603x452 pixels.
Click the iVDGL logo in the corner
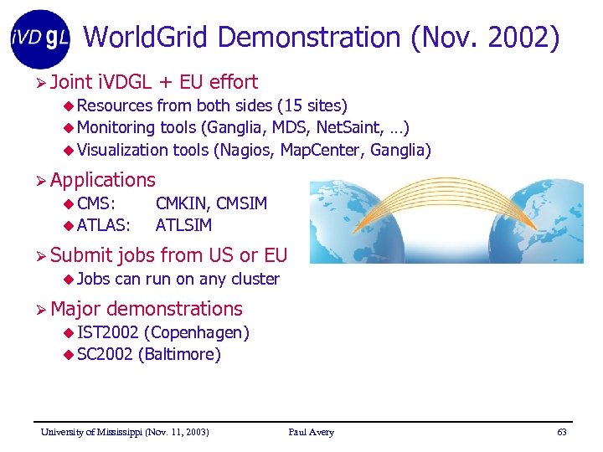pos(40,38)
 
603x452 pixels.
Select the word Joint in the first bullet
pos(71,82)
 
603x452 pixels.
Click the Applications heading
pos(102,180)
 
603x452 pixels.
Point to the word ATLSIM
pos(184,225)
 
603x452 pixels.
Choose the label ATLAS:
pos(104,225)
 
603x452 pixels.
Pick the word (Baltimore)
pos(179,354)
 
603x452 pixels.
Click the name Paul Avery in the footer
pos(311,432)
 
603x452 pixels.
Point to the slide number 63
pos(561,432)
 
